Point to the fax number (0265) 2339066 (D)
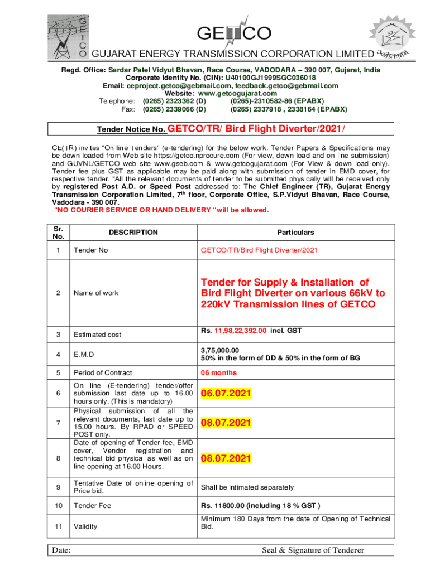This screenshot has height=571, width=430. (174, 109)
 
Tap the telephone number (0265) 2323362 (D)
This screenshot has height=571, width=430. (174, 101)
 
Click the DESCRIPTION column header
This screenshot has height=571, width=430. (133, 233)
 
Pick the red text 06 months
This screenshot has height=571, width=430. (219, 373)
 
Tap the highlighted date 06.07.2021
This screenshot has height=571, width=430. (226, 394)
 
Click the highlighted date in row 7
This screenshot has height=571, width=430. (226, 423)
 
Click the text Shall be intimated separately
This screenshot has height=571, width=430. (247, 487)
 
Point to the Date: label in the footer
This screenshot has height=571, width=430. (61, 550)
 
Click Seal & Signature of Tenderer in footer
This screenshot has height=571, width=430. (313, 550)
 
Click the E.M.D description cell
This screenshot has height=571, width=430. (84, 354)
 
